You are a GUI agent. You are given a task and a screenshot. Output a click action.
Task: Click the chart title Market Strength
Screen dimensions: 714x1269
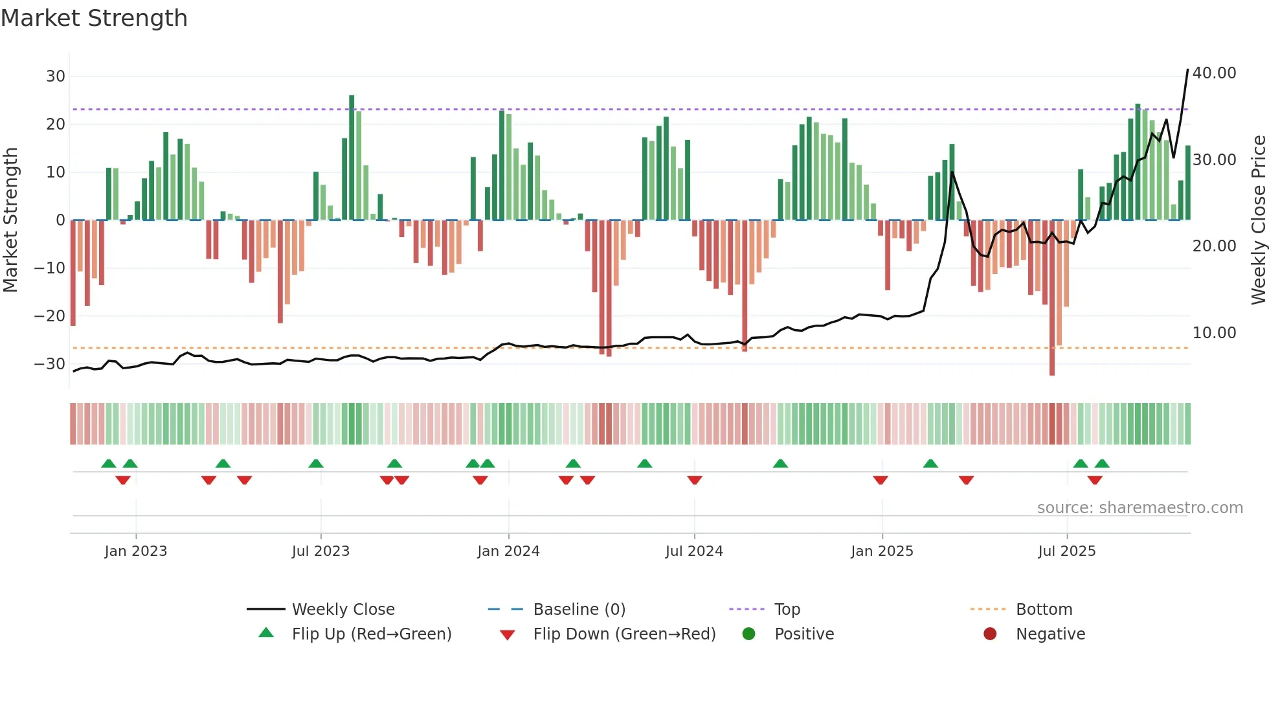coord(94,18)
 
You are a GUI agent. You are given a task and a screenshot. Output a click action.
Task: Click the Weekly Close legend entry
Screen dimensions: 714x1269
coord(343,610)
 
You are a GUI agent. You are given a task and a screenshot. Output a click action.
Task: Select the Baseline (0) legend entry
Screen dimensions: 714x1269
coord(579,610)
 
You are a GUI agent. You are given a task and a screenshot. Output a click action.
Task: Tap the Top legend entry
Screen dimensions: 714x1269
coord(787,610)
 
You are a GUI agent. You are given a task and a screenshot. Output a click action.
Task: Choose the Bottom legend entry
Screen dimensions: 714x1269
coord(1044,610)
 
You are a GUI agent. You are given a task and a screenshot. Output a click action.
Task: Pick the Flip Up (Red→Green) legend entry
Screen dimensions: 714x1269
coord(371,634)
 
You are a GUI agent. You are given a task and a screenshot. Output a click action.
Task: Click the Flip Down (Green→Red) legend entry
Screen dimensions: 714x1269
coord(624,634)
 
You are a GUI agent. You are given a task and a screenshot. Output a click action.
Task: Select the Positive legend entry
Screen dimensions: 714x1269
coord(803,634)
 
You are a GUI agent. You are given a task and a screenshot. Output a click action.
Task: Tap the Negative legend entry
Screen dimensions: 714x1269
coord(1050,634)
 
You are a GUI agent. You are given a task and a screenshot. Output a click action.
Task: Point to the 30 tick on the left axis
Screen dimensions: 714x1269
coord(56,76)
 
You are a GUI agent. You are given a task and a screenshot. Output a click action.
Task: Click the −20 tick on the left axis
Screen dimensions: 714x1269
coord(50,316)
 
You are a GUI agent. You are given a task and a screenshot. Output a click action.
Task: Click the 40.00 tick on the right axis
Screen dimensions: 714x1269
coord(1214,73)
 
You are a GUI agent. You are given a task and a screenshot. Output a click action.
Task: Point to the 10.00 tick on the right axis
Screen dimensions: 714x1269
coord(1214,333)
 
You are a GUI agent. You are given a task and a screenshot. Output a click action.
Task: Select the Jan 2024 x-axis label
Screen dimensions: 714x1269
coord(508,551)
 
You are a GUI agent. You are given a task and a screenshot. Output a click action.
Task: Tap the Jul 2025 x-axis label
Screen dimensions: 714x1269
coord(1066,551)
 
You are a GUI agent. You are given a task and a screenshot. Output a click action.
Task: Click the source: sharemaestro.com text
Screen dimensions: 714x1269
coord(1140,508)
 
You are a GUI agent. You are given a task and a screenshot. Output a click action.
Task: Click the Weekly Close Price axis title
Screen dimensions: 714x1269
coord(1258,220)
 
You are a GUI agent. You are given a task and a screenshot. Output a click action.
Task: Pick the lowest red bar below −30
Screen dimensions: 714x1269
coord(1052,298)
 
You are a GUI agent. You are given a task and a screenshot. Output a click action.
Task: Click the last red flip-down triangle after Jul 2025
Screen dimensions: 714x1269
coord(1095,480)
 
